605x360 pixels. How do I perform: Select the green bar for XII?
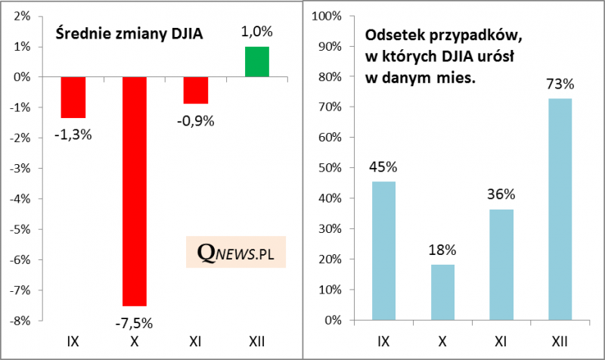click(256, 62)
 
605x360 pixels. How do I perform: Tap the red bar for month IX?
click(73, 97)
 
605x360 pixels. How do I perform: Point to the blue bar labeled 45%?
click(383, 250)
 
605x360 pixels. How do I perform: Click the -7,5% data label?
click(135, 323)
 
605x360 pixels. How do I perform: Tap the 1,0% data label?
click(256, 32)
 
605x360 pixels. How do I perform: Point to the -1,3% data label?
click(73, 135)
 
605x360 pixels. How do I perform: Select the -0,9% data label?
click(196, 120)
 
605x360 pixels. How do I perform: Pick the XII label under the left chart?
click(256, 343)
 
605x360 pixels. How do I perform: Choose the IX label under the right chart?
click(383, 343)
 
